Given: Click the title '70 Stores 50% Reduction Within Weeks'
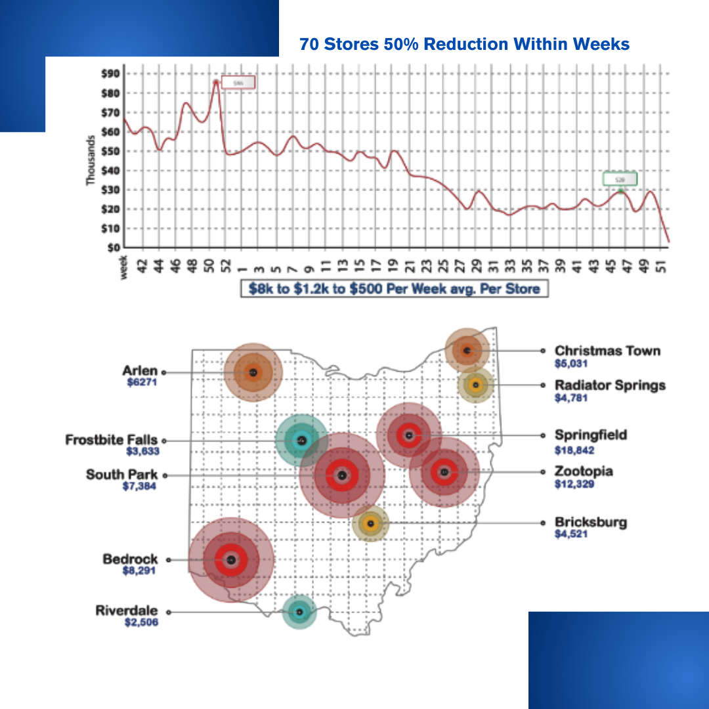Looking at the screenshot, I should click(x=464, y=44).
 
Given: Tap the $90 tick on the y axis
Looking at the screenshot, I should click(x=110, y=73).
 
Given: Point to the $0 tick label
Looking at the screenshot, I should click(x=113, y=248).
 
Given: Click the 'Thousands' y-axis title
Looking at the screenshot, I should click(x=92, y=160).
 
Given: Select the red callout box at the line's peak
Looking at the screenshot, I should click(x=238, y=83).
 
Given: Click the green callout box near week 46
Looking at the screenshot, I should click(x=620, y=179).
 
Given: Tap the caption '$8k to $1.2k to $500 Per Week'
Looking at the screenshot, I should click(x=394, y=289).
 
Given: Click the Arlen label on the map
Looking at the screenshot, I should click(x=140, y=372).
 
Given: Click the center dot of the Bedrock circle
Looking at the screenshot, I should click(x=230, y=560).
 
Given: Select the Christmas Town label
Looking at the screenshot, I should click(x=607, y=351).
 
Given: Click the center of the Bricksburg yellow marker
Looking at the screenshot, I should click(x=371, y=523).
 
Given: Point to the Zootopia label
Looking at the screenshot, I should click(x=584, y=471).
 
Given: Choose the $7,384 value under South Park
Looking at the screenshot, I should click(x=139, y=486).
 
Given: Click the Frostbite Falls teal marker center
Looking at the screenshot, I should click(x=301, y=441).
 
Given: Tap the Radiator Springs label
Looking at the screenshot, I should click(x=610, y=385).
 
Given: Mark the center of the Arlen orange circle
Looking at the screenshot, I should click(x=253, y=372).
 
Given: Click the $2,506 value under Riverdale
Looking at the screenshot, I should click(x=141, y=622).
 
